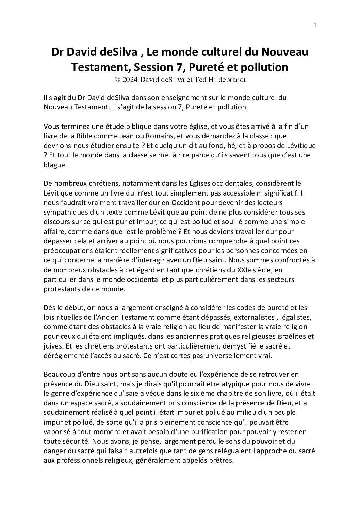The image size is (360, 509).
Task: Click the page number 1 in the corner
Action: click(315, 25)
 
